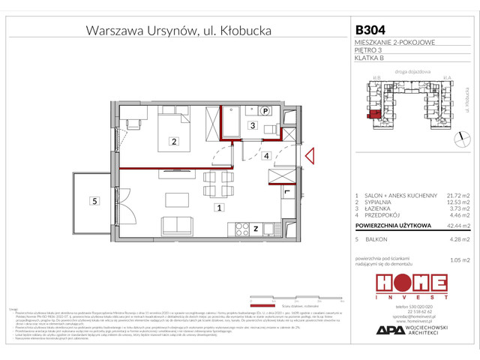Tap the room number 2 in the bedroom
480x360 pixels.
[x=173, y=141]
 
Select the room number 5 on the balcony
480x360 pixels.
[x=94, y=200]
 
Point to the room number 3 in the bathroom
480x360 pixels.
[x=253, y=125]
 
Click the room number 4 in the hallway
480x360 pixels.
[x=265, y=156]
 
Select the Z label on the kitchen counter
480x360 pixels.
[x=255, y=228]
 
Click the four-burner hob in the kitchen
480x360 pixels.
[x=240, y=227]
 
